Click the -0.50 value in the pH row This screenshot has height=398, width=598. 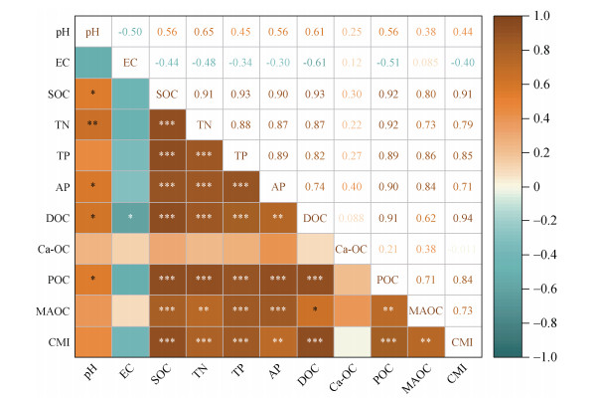point(130,32)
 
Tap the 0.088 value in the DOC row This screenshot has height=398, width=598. point(351,218)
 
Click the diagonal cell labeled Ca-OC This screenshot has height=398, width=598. point(351,249)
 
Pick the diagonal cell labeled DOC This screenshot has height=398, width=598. point(314,218)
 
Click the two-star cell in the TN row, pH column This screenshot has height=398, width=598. point(93,125)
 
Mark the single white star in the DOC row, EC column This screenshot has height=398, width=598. point(130,219)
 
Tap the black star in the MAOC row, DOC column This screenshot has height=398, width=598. point(314,312)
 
